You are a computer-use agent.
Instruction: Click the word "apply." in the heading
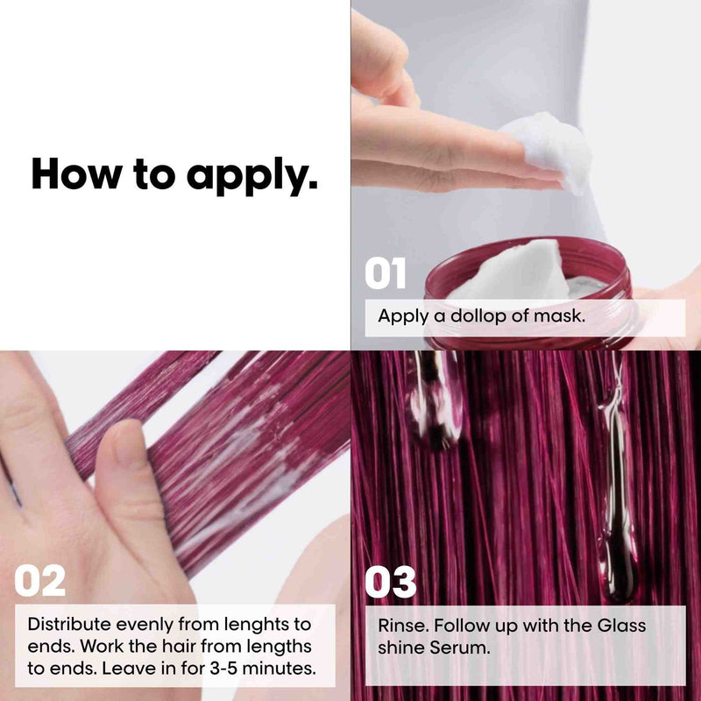pos(251,175)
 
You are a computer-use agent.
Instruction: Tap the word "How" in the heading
pos(76,173)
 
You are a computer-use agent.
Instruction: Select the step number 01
pos(386,273)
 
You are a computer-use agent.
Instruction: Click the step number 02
pos(39,580)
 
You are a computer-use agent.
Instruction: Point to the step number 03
pos(390,582)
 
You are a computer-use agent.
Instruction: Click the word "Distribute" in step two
pos(69,624)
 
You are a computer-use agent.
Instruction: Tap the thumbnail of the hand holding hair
pos(128,465)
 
